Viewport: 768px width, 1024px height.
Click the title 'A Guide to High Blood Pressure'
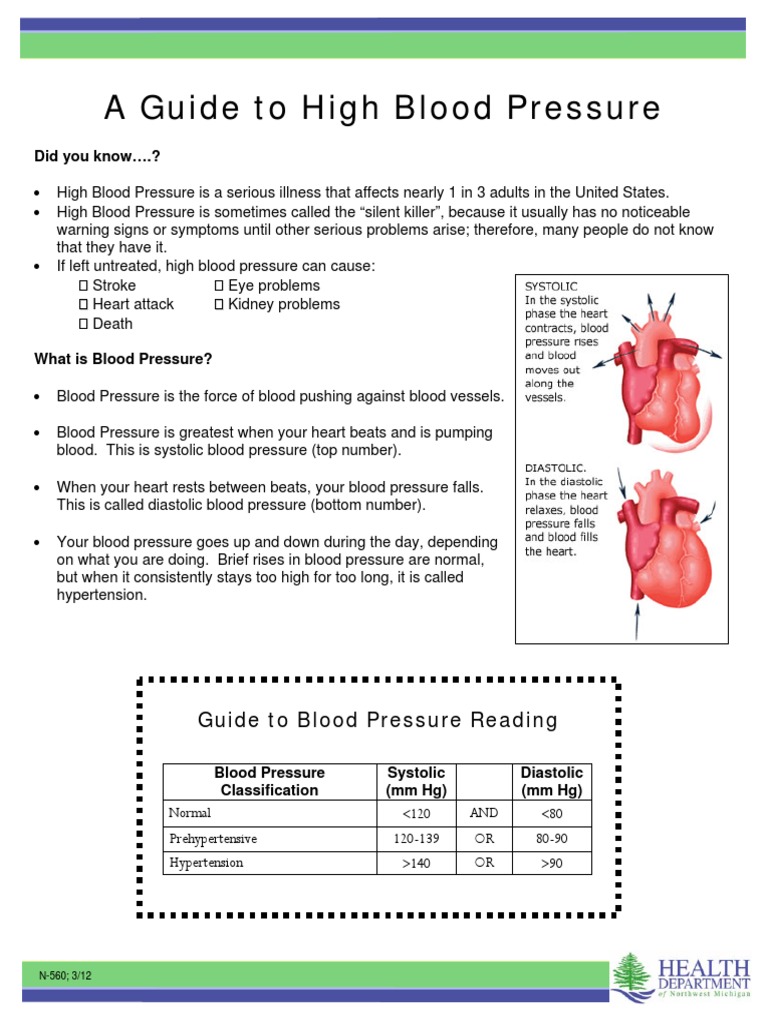point(384,109)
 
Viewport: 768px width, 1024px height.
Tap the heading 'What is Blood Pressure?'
point(123,359)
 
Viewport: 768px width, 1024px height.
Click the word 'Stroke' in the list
point(114,285)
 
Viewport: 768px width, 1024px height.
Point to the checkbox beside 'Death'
point(84,324)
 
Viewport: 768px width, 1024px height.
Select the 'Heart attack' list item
point(132,304)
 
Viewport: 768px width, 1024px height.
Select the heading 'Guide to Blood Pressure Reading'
point(378,720)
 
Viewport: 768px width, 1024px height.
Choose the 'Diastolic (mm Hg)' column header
point(552,782)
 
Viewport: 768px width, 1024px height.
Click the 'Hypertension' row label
point(206,862)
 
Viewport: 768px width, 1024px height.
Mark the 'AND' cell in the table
point(484,813)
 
